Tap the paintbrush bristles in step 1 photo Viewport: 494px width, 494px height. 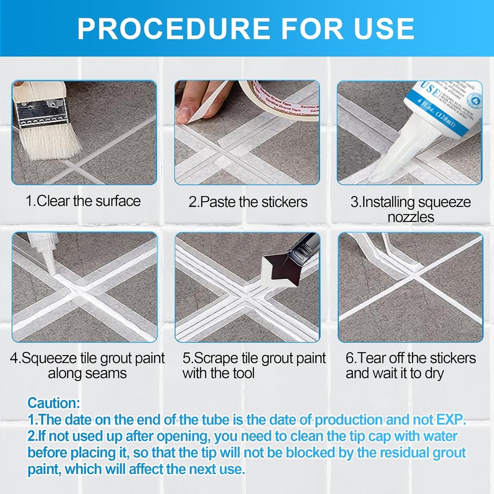[x=49, y=140]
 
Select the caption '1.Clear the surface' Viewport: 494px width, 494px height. [x=83, y=201]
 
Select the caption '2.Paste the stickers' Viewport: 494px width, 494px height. [x=247, y=202]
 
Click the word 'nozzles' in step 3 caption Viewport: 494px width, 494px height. [x=411, y=217]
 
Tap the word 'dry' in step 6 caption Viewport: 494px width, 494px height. [x=431, y=373]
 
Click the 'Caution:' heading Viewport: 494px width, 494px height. [x=54, y=403]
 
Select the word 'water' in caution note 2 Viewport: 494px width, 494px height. [x=436, y=436]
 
